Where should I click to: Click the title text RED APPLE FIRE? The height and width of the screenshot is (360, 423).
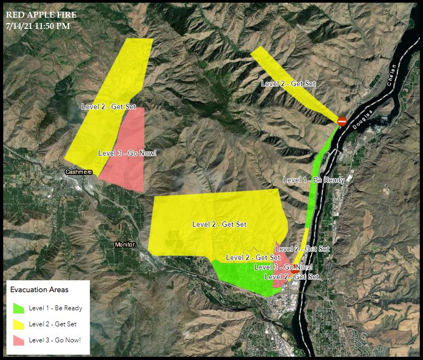[x=41, y=14]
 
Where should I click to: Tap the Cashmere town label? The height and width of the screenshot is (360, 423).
[x=79, y=172]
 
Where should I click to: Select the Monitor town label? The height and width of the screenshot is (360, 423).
[x=125, y=244]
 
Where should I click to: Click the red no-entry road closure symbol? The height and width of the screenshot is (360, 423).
[x=342, y=122]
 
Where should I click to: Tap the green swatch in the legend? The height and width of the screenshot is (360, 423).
[x=19, y=308]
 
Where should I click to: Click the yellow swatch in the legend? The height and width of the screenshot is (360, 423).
[x=19, y=324]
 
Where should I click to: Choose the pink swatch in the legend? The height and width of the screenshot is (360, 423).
[x=19, y=340]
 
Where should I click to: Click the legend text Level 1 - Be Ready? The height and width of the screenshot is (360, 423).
[x=56, y=308]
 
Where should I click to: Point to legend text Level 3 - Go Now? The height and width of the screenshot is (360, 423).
[x=55, y=340]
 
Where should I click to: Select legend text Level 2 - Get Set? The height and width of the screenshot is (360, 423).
[x=52, y=324]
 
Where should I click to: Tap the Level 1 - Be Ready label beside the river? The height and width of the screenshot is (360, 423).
[x=313, y=180]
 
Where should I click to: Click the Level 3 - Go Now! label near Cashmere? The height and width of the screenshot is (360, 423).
[x=127, y=153]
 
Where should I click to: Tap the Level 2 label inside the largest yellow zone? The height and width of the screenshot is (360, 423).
[x=219, y=225]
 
